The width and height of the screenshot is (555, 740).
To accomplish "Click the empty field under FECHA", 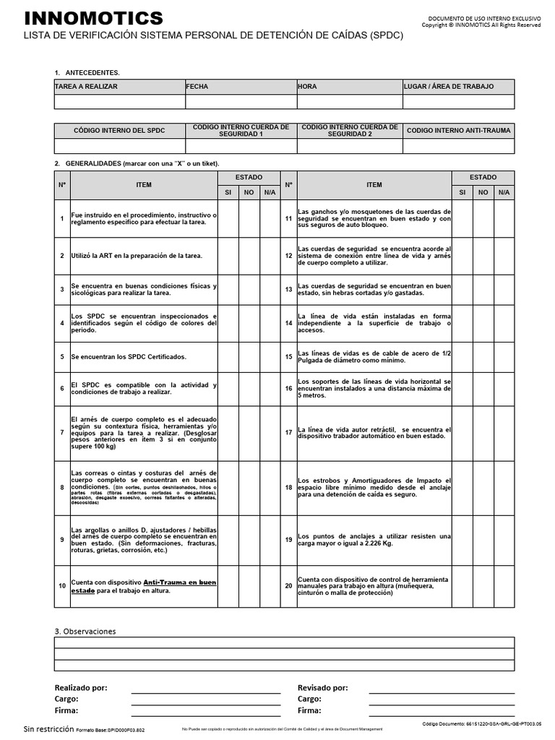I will pyautogui.click(x=241, y=102).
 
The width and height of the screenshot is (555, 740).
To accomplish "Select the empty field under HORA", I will pyautogui.click(x=349, y=102).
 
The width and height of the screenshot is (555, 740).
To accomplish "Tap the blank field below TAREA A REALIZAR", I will pyautogui.click(x=119, y=102).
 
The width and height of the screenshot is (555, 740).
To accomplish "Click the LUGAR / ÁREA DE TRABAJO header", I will pyautogui.click(x=449, y=87).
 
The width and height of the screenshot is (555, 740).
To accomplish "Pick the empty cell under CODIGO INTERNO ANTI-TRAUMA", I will pyautogui.click(x=458, y=146).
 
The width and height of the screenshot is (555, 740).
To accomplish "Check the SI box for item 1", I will pyautogui.click(x=228, y=218).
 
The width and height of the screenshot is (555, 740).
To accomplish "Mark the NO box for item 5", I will pyautogui.click(x=249, y=357).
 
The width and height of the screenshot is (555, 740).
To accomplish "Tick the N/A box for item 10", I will pyautogui.click(x=270, y=586).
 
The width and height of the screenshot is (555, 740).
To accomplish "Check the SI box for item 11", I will pyautogui.click(x=462, y=218).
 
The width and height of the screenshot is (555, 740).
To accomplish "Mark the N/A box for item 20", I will pyautogui.click(x=504, y=586).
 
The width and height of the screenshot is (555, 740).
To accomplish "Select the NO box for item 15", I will pyautogui.click(x=483, y=357).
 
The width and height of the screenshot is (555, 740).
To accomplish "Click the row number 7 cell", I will pyautogui.click(x=62, y=432).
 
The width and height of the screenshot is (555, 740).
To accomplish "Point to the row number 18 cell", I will pyautogui.click(x=288, y=488).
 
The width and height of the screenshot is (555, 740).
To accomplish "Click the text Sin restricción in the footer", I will pyautogui.click(x=49, y=728).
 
